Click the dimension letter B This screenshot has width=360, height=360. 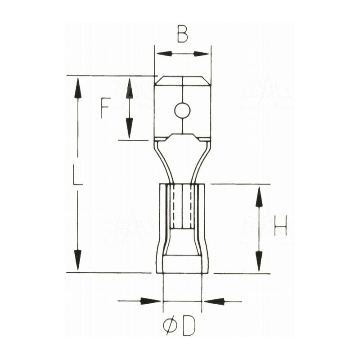tap(182, 34)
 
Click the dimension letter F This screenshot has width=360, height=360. tap(105, 108)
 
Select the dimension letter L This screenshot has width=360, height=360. tap(78, 175)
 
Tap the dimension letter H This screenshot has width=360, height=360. tap(280, 225)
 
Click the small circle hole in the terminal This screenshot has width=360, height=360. tap(182, 110)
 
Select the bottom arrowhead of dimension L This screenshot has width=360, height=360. tap(78, 260)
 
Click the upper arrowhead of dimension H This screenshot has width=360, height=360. tap(259, 197)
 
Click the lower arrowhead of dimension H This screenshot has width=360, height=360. tap(259, 261)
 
